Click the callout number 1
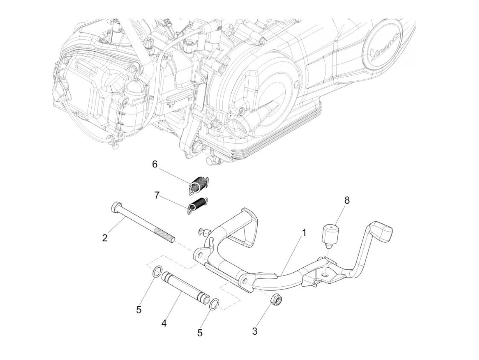[303, 233]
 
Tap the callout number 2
[105, 237]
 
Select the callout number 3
[255, 331]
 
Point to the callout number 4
[164, 323]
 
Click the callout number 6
[155, 165]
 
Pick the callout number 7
[157, 195]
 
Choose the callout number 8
[347, 201]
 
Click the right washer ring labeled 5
[214, 303]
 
